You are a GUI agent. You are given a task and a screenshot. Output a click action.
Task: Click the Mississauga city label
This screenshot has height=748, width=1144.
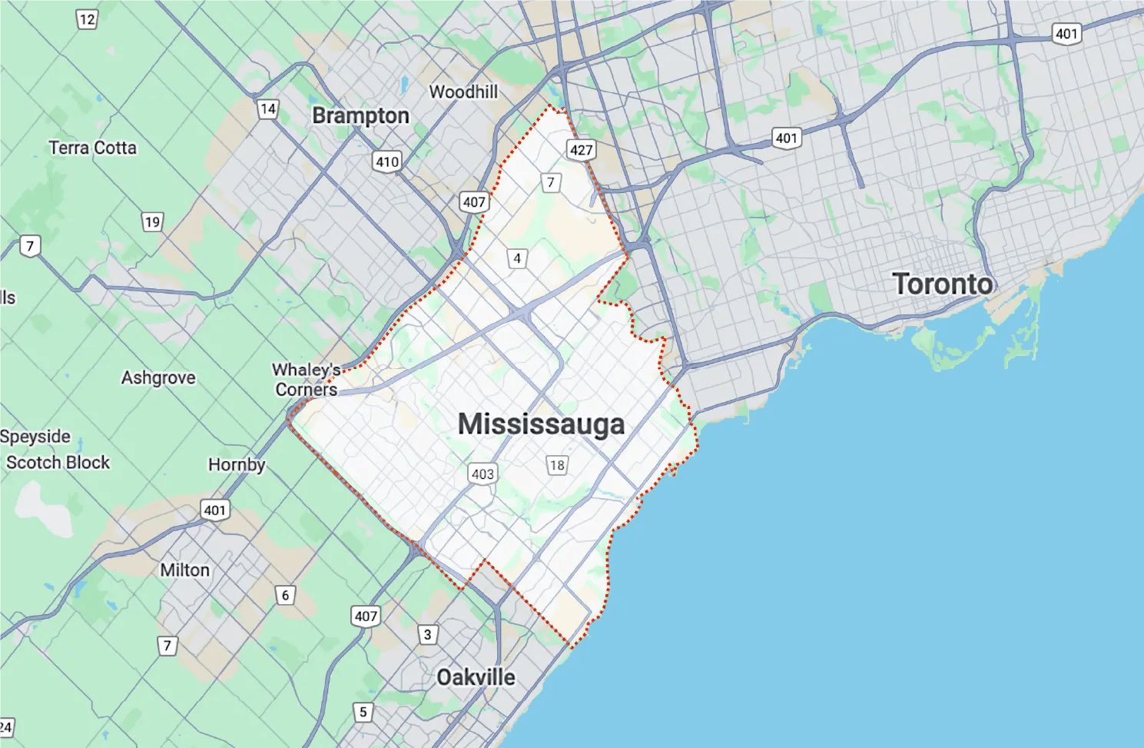pos(541,424)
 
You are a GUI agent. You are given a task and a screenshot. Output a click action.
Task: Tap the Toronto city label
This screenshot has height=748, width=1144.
pos(942,284)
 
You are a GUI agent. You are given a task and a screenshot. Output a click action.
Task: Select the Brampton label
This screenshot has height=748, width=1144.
pos(360,116)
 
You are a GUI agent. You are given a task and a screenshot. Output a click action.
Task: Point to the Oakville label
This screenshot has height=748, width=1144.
pos(476,677)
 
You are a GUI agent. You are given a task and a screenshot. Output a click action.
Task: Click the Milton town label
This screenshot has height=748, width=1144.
pos(184,570)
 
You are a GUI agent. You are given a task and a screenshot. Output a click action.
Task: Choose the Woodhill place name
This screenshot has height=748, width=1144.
pos(463,92)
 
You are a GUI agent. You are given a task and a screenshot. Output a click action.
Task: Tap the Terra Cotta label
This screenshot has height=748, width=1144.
pos(92,148)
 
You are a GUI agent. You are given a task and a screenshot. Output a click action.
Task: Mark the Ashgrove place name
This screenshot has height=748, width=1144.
pos(158,377)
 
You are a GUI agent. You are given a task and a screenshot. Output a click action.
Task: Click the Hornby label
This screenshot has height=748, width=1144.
pos(237,465)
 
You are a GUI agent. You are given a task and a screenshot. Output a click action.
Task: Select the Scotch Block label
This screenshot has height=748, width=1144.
pos(58,463)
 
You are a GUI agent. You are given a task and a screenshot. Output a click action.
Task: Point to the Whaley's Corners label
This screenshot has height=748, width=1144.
pos(306,380)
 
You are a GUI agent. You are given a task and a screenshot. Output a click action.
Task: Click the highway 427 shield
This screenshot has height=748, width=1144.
pos(581,150)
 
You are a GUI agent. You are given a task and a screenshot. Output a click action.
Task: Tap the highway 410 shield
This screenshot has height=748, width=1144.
pos(386,161)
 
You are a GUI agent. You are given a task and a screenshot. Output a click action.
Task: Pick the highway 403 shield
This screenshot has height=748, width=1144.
pos(482,474)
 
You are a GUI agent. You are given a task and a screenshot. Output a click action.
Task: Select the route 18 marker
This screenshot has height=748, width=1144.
pos(557,465)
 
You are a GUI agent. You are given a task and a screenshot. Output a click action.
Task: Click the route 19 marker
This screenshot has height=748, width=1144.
pos(152,222)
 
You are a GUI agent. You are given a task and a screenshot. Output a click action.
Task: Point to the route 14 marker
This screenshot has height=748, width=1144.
pos(267,108)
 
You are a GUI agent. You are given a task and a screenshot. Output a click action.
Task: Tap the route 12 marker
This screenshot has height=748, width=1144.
pos(87,19)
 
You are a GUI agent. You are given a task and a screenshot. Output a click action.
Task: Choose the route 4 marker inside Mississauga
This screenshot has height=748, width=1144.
pos(517,258)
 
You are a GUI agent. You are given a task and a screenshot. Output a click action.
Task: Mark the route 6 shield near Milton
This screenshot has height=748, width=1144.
pos(285,595)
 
